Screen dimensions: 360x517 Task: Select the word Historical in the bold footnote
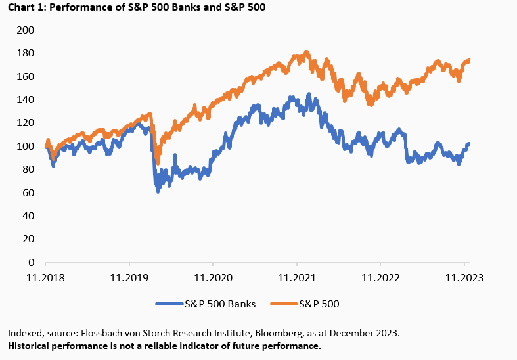[x=30, y=346]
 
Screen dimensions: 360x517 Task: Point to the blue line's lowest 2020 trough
[x=158, y=191]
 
